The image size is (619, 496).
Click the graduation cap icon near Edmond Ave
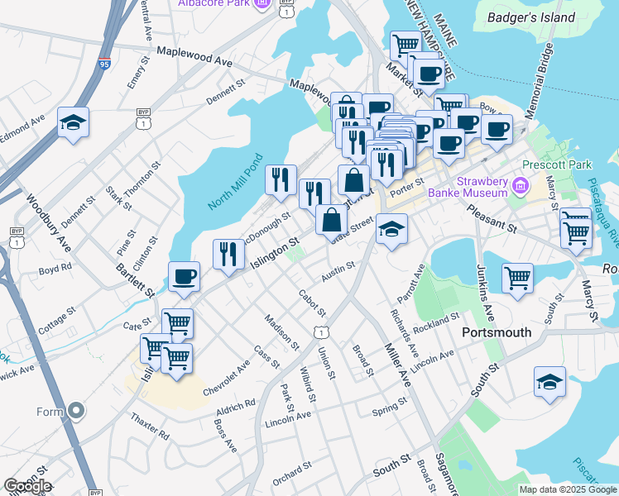pos(74,124)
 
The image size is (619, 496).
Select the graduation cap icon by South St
pos(550,382)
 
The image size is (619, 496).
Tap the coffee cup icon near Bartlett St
pos(184,277)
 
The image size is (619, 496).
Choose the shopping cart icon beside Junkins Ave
pos(517,278)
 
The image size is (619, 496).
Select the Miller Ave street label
pos(395,365)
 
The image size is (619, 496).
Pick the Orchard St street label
pos(291,472)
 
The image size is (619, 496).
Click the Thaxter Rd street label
pos(150,424)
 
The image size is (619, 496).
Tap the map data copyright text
pos(568,489)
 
